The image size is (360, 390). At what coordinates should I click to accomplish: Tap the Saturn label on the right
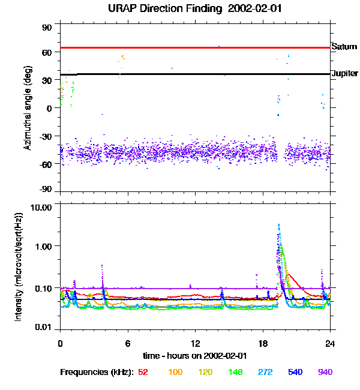click(344, 46)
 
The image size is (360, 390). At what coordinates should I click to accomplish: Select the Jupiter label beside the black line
click(344, 73)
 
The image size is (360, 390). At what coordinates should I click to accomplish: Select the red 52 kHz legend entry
click(143, 372)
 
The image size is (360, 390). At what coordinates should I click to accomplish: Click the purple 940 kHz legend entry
click(325, 372)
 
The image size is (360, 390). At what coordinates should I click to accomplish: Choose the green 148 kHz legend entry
click(236, 372)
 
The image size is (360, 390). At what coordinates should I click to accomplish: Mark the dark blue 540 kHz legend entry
click(296, 372)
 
